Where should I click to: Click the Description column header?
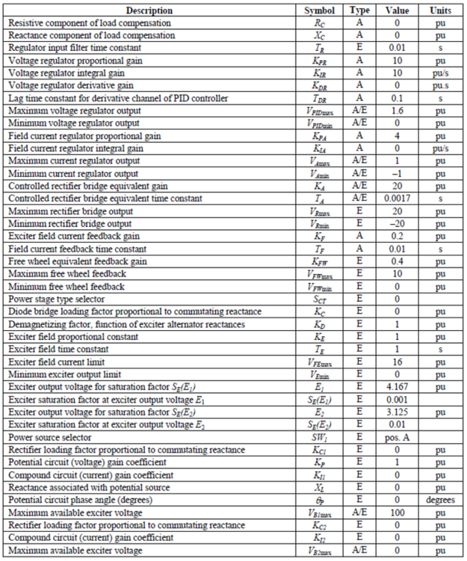[x=149, y=10]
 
